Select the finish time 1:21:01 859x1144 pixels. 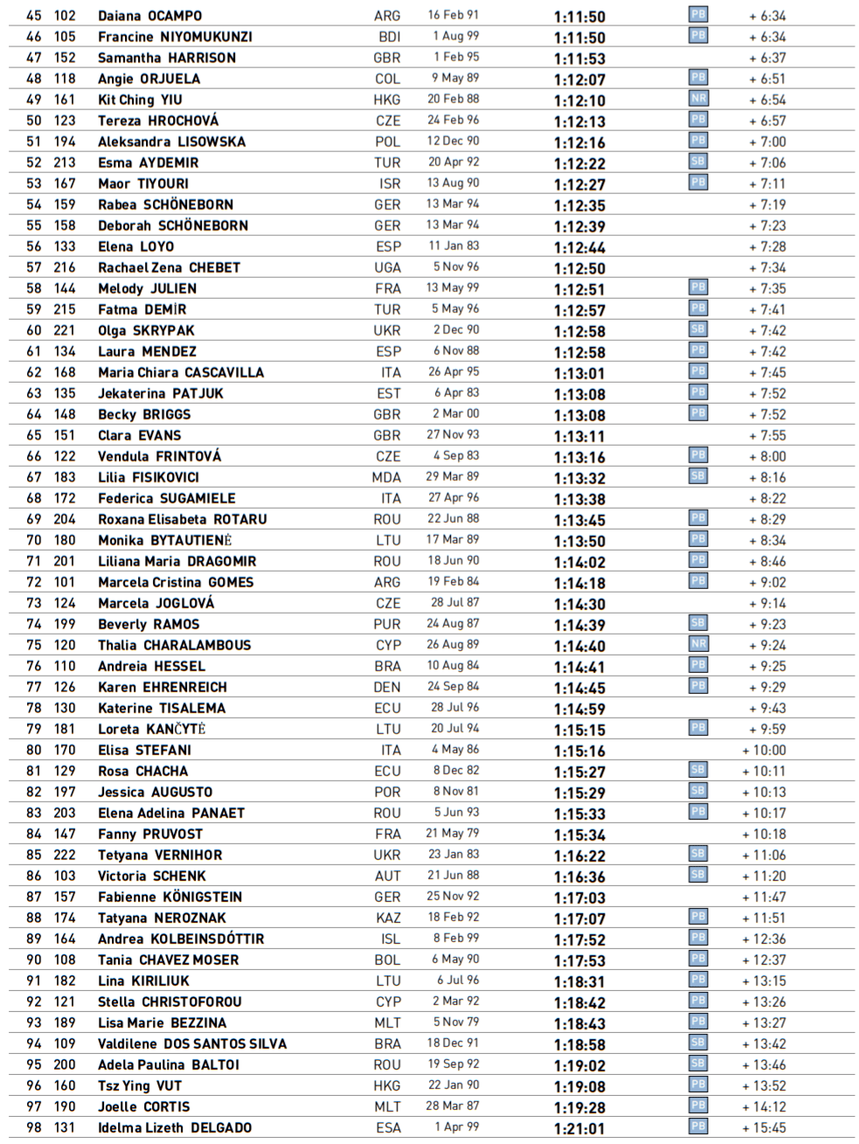tap(579, 1128)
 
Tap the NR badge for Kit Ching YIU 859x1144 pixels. tap(698, 99)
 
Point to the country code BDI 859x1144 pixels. tap(389, 37)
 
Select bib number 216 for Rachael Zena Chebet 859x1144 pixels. tap(65, 267)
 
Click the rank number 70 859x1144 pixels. tap(34, 540)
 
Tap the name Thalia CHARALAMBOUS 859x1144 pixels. tap(174, 645)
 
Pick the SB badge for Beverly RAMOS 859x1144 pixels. tap(698, 623)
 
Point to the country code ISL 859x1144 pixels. tap(390, 939)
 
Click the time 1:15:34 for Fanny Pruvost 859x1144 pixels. tap(579, 835)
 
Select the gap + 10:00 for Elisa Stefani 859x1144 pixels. tap(764, 750)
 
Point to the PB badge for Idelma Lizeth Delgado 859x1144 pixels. tap(698, 1127)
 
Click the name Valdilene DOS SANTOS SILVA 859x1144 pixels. tap(192, 1043)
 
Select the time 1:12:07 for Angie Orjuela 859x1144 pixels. tap(579, 80)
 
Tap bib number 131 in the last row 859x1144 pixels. tap(65, 1127)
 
